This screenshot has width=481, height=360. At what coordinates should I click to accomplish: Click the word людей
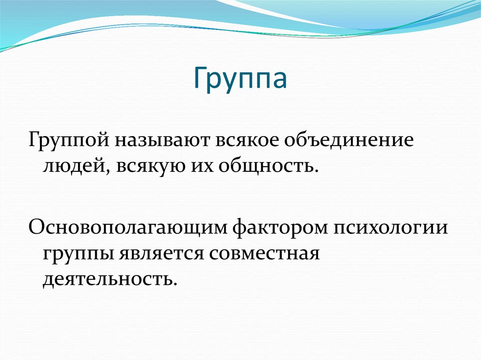click(x=75, y=166)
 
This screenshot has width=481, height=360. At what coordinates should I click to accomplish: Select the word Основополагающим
click(x=127, y=228)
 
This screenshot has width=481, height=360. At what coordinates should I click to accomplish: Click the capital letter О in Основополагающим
click(x=37, y=228)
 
